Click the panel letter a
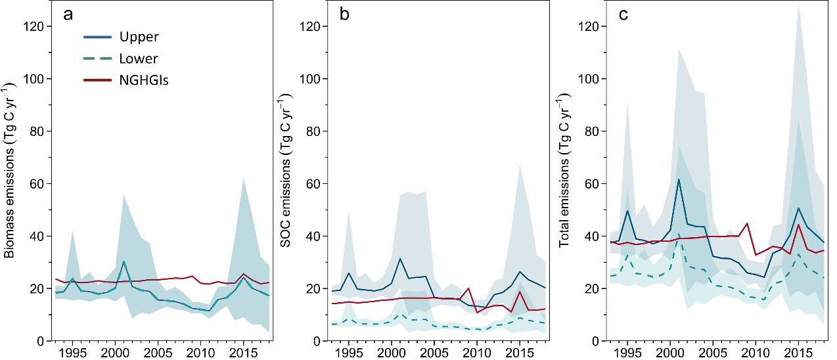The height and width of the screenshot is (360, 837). click(x=68, y=15)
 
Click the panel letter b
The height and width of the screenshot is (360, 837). click(x=344, y=15)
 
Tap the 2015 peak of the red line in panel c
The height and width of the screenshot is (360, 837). click(x=798, y=225)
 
